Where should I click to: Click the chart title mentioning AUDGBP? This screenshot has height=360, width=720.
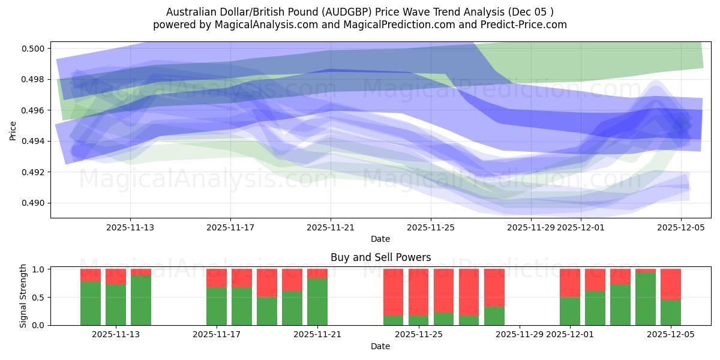[359, 12]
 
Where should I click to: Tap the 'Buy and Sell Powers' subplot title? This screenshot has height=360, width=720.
[380, 257]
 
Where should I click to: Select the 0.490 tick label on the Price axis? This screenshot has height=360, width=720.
[35, 203]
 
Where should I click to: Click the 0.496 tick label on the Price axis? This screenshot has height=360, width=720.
[35, 110]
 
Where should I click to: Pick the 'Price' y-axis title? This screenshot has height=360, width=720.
[13, 130]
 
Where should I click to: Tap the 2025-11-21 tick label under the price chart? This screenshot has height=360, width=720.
[331, 227]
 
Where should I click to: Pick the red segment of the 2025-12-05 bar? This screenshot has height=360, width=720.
[671, 284]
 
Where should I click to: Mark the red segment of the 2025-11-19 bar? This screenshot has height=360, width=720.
[267, 283]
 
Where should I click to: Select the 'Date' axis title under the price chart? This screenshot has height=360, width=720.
[380, 239]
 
